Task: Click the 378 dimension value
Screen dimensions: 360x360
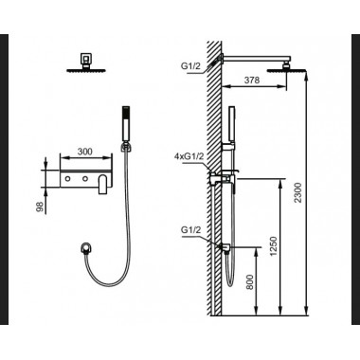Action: [x=252, y=80]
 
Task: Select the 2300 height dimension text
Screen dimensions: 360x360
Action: [x=298, y=192]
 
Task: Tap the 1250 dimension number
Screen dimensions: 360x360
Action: [x=274, y=246]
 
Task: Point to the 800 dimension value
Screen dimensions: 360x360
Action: [x=249, y=282]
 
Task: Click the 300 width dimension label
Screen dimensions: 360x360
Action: [x=85, y=152]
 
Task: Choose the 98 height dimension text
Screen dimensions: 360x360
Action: [x=40, y=207]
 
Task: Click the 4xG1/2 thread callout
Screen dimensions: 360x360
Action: [x=189, y=156]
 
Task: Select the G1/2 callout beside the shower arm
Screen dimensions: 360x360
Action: [x=189, y=66]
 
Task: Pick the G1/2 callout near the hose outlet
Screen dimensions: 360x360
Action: [x=190, y=230]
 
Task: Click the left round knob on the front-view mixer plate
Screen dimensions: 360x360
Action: [x=68, y=179]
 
